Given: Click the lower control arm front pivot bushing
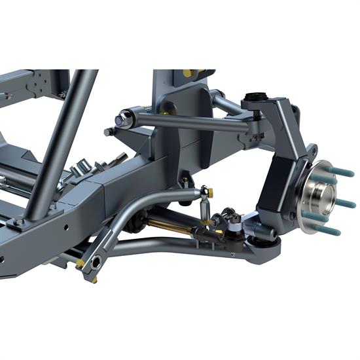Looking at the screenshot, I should click(x=96, y=262).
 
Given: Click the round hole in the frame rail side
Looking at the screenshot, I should click(x=66, y=230).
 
